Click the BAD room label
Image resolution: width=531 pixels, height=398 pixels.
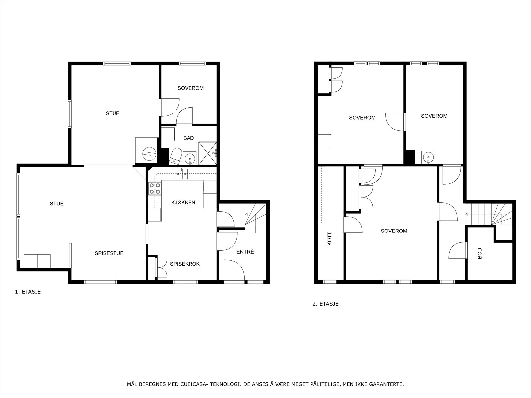coord(189,138)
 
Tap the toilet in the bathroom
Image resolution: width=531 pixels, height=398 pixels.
coord(176,156)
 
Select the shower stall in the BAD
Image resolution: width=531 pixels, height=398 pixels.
coord(207,153)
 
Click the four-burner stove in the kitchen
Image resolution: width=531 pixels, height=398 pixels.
coord(155,189)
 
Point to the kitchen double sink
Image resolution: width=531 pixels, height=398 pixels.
coord(181,174)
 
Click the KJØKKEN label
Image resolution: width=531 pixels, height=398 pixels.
coord(183,203)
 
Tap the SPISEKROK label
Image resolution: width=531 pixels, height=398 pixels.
coord(185,264)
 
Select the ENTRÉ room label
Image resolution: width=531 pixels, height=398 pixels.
coord(245,252)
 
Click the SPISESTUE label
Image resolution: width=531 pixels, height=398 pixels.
coord(109,253)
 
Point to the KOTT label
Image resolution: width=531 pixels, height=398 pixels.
coord(329,239)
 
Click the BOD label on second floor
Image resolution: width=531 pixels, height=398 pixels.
coord(480,253)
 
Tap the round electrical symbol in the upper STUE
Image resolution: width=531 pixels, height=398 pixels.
coord(149,154)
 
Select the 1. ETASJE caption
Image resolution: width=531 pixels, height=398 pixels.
coord(28,292)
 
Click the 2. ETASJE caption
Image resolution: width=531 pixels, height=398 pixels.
coord(325,304)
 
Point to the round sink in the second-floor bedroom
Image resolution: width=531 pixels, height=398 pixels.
coord(428,157)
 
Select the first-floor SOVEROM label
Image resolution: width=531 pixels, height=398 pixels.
coord(190,88)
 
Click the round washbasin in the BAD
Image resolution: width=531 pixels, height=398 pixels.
coord(190,158)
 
